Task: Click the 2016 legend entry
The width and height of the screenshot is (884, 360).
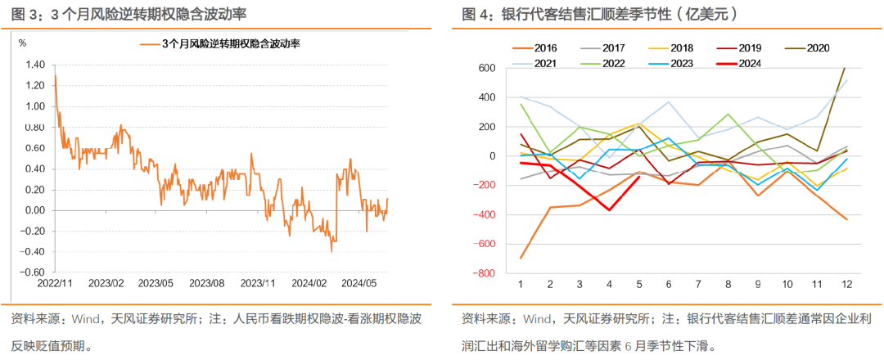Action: pyautogui.click(x=546, y=47)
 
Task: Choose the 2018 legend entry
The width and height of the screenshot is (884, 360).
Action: pyautogui.click(x=682, y=47)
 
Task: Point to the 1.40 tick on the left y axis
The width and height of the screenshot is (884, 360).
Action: pyautogui.click(x=35, y=65)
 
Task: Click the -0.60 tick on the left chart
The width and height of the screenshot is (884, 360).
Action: pyautogui.click(x=34, y=272)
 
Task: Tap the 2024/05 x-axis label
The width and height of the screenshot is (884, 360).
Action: pyautogui.click(x=358, y=283)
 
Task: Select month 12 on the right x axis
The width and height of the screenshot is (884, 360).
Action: pyautogui.click(x=846, y=283)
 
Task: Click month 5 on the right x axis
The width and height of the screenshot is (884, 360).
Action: pyautogui.click(x=638, y=283)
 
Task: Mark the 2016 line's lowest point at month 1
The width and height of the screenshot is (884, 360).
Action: pyautogui.click(x=521, y=258)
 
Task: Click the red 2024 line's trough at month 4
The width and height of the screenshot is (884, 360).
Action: pyautogui.click(x=609, y=210)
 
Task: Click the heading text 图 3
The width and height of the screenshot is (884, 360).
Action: pyautogui.click(x=24, y=15)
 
